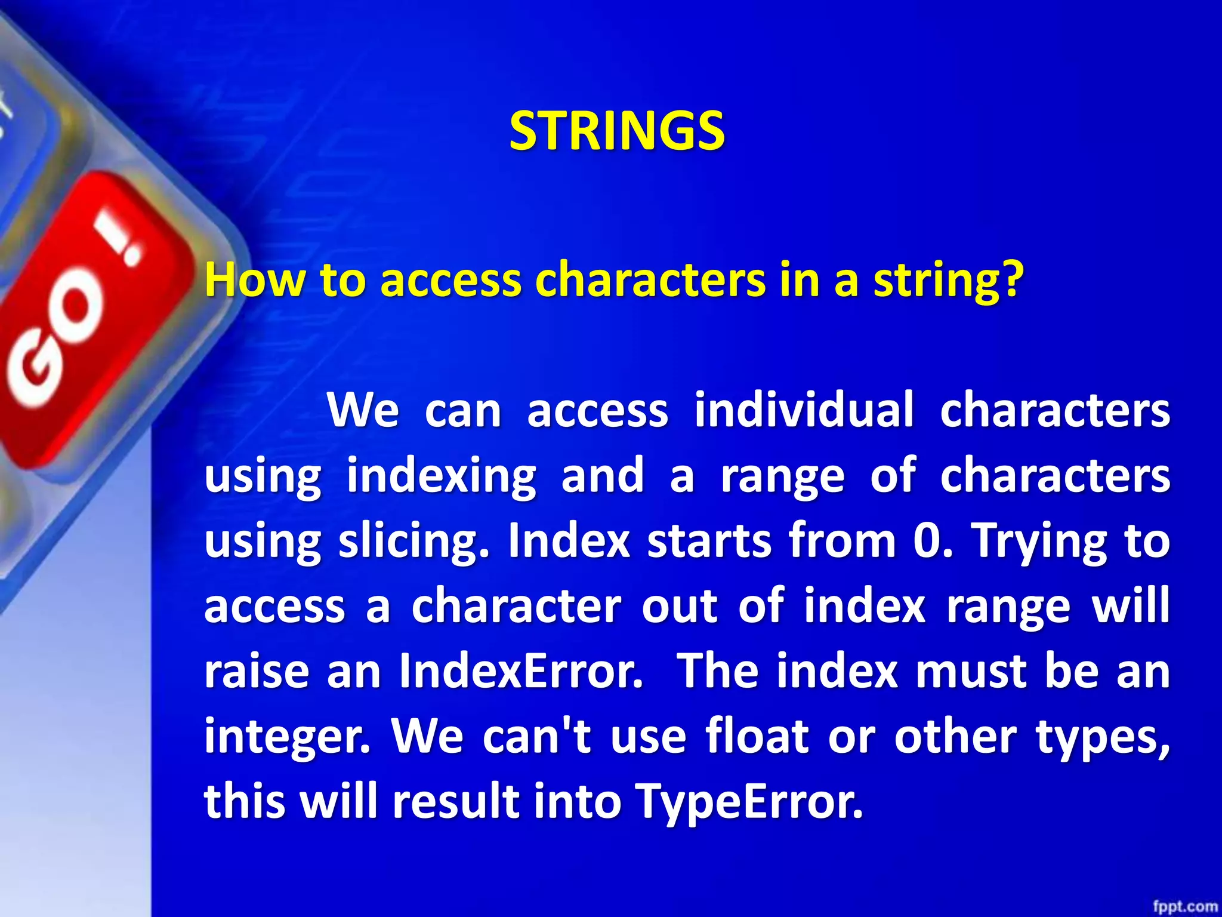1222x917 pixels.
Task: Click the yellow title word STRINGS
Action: click(x=617, y=131)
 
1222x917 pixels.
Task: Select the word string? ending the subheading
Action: click(x=949, y=281)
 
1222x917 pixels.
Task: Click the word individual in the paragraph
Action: click(x=804, y=411)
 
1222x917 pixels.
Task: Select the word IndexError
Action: click(x=521, y=671)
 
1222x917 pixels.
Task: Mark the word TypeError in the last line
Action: click(x=748, y=801)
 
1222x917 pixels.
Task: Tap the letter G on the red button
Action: click(x=36, y=373)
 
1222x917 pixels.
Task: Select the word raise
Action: click(x=257, y=671)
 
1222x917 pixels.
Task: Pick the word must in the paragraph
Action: click(x=971, y=671)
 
